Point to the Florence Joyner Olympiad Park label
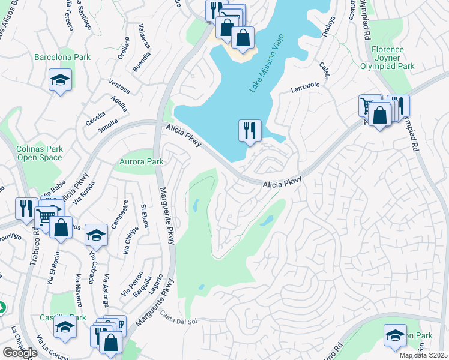[x=393, y=58]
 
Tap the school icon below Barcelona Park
[x=60, y=81]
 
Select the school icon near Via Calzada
[x=96, y=235]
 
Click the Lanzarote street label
[x=305, y=86]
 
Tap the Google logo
[x=20, y=353]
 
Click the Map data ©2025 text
[x=423, y=355]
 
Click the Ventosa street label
[x=119, y=88]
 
